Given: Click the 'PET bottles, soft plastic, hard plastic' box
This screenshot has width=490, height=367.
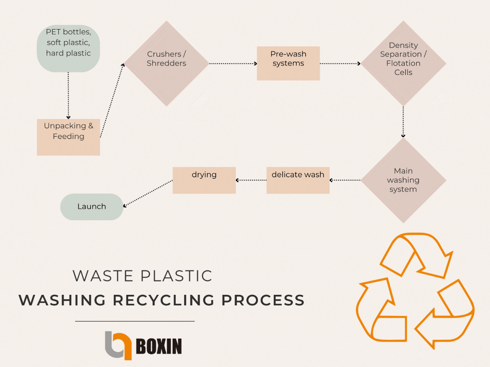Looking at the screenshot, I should tap(68, 48).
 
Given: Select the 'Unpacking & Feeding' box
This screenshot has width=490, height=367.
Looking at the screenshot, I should tap(68, 137).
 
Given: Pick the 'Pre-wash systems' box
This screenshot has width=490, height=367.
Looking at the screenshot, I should tap(288, 63).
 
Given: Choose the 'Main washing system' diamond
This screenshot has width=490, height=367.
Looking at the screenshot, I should tap(403, 180).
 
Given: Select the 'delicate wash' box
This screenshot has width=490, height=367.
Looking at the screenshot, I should tap(298, 180).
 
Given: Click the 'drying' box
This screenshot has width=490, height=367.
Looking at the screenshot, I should tap(204, 180).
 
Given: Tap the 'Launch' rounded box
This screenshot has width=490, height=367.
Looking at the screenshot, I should tap(91, 206).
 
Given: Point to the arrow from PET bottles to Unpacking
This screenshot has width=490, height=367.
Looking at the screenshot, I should tap(68, 95).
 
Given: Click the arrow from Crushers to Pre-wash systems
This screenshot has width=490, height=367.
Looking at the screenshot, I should tap(233, 63).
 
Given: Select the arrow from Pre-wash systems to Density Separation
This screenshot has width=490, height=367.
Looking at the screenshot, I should tap(340, 63).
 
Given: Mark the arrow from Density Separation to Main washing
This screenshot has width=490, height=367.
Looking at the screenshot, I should tap(403, 122).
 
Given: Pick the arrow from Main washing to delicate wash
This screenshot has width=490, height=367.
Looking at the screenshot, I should tap(345, 180).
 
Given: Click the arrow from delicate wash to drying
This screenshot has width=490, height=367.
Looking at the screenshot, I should tap(251, 180).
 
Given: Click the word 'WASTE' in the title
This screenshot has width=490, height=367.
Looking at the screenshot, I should tap(100, 276).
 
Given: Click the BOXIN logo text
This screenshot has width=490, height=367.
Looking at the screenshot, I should tap(159, 345).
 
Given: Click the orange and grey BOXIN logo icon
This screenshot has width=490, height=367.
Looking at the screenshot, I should tap(118, 345).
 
